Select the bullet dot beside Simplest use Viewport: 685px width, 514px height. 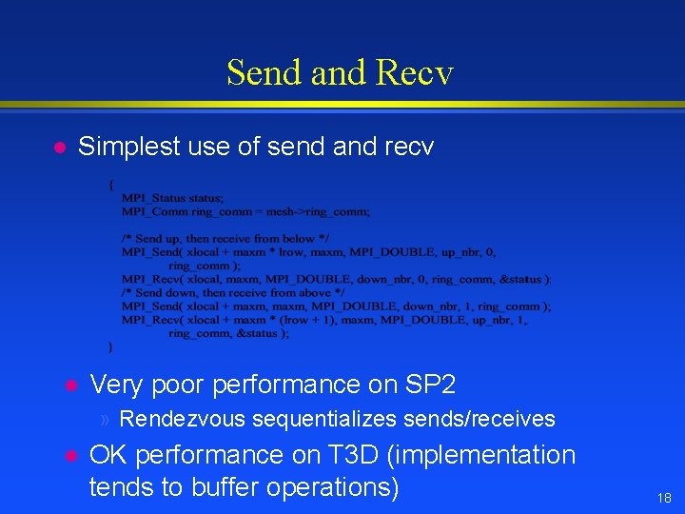(58, 148)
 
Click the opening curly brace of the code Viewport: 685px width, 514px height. (111, 185)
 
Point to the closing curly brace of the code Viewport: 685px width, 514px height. (111, 346)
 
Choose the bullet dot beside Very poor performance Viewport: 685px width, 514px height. (69, 385)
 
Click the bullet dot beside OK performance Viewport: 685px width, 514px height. (69, 456)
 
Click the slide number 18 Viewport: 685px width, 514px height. (663, 498)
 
